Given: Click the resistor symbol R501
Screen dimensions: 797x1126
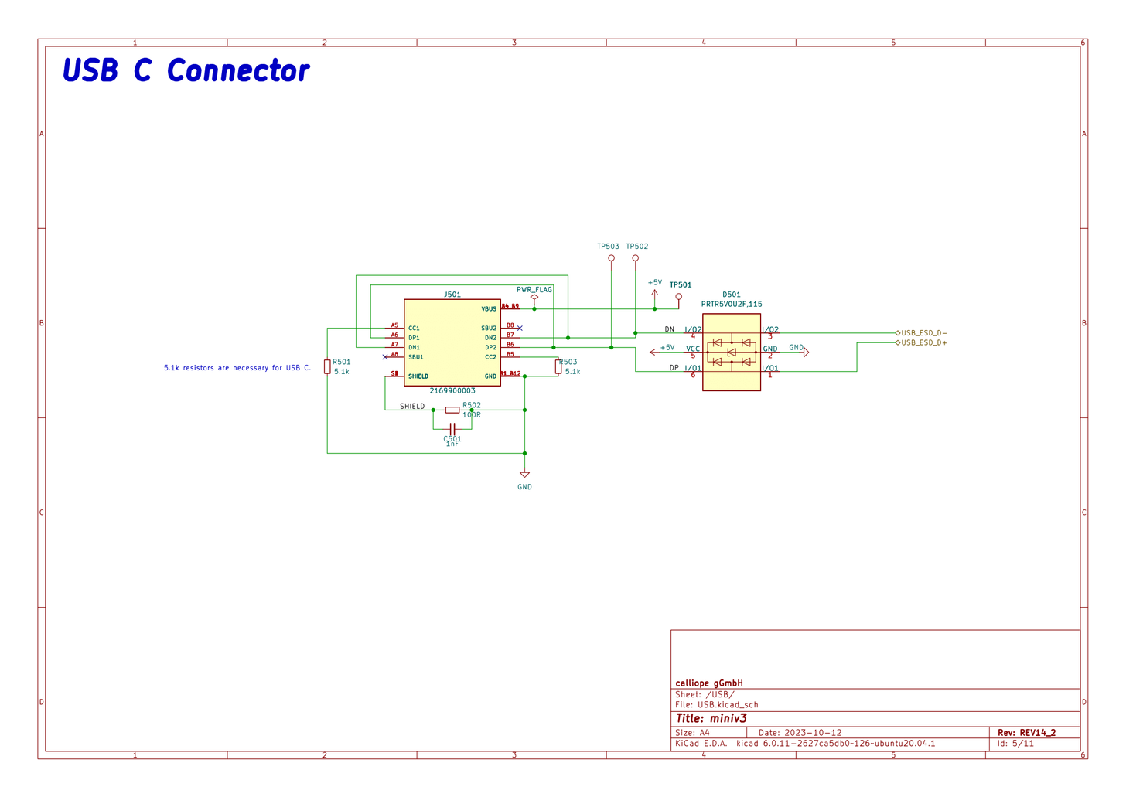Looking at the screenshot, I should click(327, 366).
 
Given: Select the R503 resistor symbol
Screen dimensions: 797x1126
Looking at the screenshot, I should click(558, 367).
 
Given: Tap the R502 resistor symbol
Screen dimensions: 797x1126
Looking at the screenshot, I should click(452, 410).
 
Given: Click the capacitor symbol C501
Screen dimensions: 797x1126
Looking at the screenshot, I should click(452, 428).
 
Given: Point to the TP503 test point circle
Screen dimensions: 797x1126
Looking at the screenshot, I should click(611, 258).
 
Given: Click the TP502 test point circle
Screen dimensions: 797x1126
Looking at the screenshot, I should click(635, 258).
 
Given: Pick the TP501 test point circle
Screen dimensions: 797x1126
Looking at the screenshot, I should click(679, 297).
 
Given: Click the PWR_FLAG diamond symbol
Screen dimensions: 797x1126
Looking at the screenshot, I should click(534, 298).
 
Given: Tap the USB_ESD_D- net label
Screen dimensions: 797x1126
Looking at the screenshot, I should click(923, 333).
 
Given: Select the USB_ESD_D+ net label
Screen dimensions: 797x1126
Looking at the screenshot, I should click(923, 342).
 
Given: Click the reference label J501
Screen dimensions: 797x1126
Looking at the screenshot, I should click(452, 295).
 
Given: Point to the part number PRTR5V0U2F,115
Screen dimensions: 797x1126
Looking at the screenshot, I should click(732, 305).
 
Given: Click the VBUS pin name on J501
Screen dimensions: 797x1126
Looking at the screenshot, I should click(489, 309).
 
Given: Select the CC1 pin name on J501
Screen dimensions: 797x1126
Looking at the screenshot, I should click(414, 329).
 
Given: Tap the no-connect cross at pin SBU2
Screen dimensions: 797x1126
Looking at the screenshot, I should click(520, 329).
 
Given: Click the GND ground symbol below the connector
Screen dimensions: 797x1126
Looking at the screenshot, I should click(524, 475).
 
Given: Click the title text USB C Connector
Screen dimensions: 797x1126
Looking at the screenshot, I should click(186, 70).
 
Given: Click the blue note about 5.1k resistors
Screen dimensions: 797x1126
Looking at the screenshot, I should click(237, 368).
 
